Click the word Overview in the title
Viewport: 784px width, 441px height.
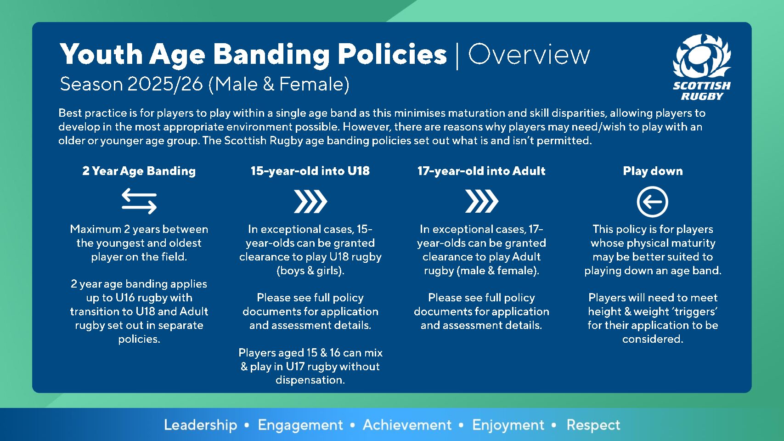pyautogui.click(x=529, y=55)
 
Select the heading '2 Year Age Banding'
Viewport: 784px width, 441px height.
pyautogui.click(x=139, y=171)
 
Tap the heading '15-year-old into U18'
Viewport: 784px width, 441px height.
pyautogui.click(x=310, y=171)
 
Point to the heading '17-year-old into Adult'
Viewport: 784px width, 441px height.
pyautogui.click(x=481, y=171)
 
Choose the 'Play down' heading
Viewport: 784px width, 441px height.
pyautogui.click(x=653, y=171)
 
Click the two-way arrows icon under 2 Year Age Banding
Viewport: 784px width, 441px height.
pyautogui.click(x=139, y=201)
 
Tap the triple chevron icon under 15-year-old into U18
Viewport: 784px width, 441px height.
pyautogui.click(x=310, y=202)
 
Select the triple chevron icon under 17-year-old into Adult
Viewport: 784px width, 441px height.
pyautogui.click(x=482, y=202)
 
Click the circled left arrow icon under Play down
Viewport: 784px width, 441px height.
pyautogui.click(x=652, y=202)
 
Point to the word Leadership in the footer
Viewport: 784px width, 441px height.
pyautogui.click(x=201, y=425)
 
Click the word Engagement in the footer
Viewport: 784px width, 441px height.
pyautogui.click(x=300, y=425)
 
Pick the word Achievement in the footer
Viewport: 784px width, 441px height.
pyautogui.click(x=407, y=425)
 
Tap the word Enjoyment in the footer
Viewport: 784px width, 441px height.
pyautogui.click(x=508, y=425)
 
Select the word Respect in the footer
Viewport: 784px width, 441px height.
pyautogui.click(x=593, y=425)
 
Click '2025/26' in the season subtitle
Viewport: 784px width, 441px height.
pyautogui.click(x=165, y=84)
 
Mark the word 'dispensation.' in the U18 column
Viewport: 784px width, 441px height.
pyautogui.click(x=310, y=380)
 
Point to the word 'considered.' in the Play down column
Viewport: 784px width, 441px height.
pyautogui.click(x=653, y=339)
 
